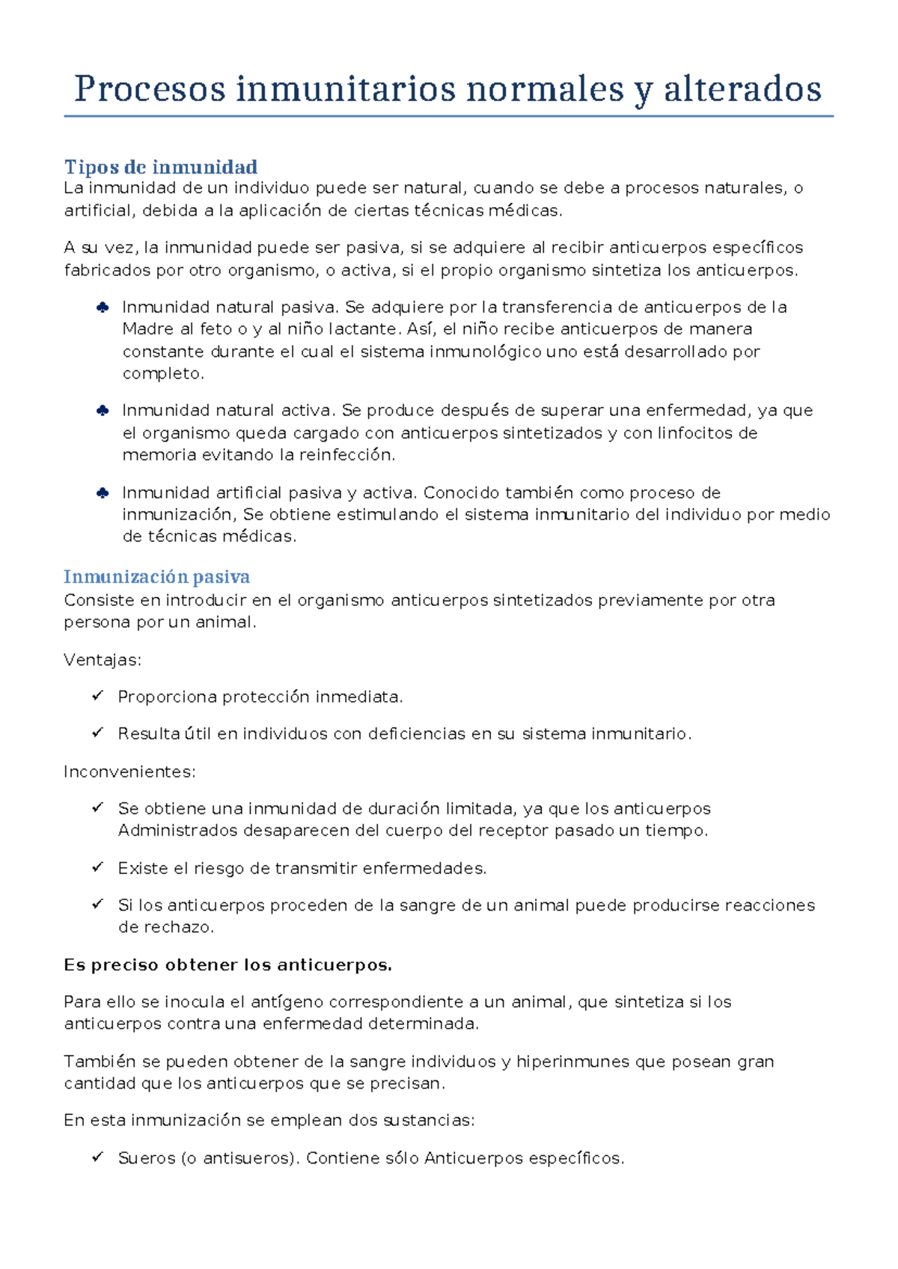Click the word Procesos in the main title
pos(150,90)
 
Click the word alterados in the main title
pos(742,90)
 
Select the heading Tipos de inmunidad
pos(160,167)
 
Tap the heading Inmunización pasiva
pos(156,577)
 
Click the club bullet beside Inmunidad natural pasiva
pos(103,307)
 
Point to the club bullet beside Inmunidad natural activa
pos(103,410)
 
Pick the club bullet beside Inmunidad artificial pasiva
pos(103,492)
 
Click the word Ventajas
pos(103,660)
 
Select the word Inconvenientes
pos(129,771)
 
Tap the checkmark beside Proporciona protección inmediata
pos(97,696)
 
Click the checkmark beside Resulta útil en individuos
pos(97,733)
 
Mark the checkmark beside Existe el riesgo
pos(97,867)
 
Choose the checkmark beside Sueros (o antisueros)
pos(97,1158)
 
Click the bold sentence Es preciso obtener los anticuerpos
pos(227,965)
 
